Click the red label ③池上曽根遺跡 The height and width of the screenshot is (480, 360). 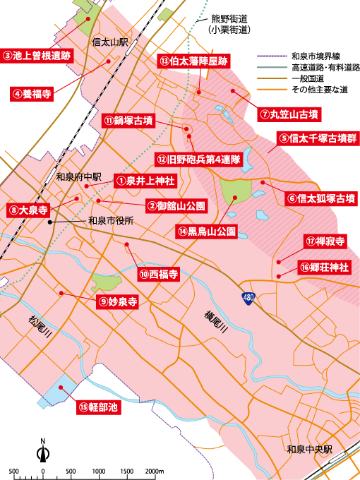point(37,55)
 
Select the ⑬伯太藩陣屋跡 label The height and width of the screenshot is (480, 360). point(193,61)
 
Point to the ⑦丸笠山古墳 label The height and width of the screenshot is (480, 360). point(289,114)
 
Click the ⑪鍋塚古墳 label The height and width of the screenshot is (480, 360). point(128,121)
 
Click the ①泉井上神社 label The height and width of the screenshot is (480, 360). point(145,181)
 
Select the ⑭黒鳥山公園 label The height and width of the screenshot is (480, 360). point(206,231)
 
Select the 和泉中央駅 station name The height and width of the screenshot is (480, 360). point(309,449)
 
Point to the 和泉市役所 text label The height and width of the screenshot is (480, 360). point(112,220)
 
